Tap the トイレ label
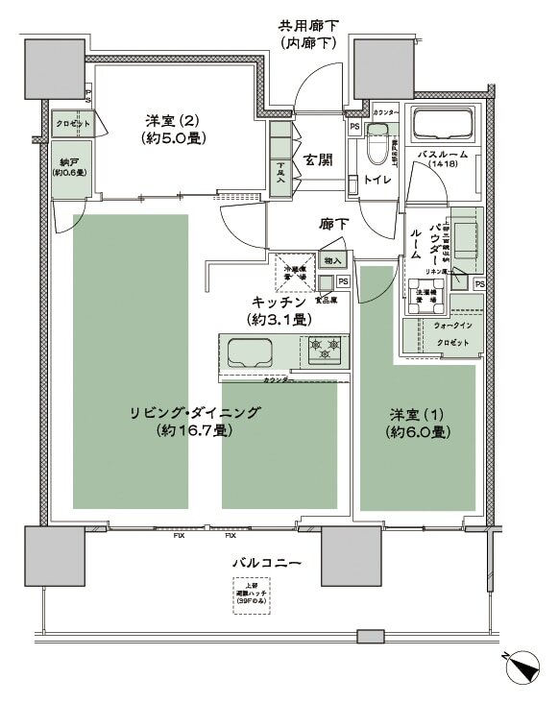tap(376, 182)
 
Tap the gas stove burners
tap(324, 350)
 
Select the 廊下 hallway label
tap(333, 225)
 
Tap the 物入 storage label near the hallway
tap(333, 260)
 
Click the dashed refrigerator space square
tap(291, 269)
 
